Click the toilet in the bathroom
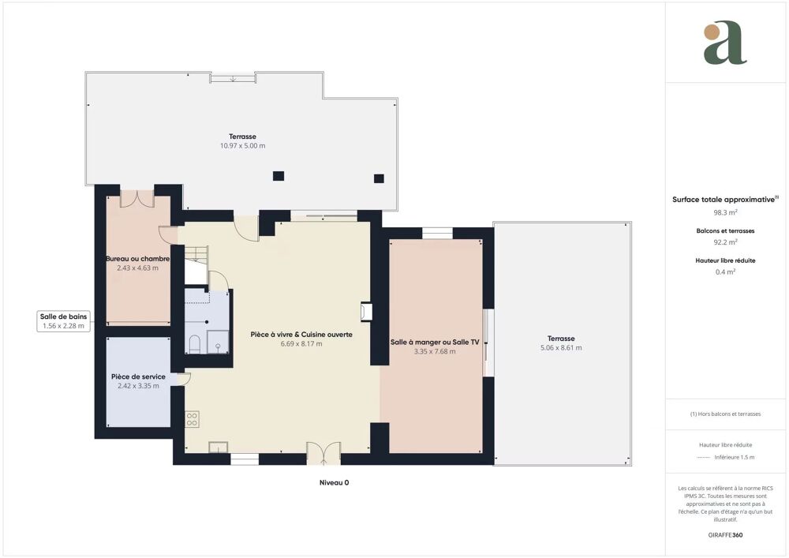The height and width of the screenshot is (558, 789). [195, 344]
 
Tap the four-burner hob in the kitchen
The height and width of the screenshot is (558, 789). [191, 419]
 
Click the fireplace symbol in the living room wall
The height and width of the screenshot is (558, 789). [366, 312]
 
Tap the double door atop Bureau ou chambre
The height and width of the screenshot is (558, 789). [136, 198]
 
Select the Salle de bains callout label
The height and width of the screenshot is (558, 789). [65, 320]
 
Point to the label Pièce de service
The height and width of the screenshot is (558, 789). [138, 376]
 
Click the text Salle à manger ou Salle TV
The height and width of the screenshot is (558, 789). [435, 343]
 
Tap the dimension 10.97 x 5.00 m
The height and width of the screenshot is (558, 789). [242, 146]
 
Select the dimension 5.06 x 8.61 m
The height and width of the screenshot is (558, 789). [562, 348]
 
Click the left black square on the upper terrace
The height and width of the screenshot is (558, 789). [278, 176]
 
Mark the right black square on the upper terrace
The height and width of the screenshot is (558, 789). [379, 178]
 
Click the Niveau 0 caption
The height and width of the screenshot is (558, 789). [334, 482]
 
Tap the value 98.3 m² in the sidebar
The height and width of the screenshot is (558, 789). [725, 213]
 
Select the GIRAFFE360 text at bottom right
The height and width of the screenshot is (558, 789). [725, 535]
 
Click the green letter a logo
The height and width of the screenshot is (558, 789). [724, 43]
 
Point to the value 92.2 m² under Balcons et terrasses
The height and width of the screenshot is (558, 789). [725, 243]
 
